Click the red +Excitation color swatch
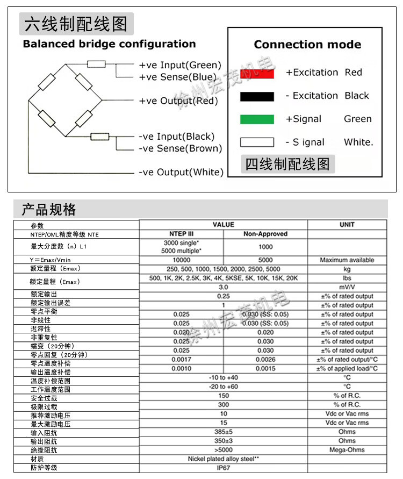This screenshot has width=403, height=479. (257, 73)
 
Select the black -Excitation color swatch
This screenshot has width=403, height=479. (257, 97)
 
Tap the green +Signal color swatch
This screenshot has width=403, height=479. (257, 119)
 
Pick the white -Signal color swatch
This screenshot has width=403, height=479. (257, 142)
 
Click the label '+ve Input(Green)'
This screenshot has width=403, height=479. (180, 65)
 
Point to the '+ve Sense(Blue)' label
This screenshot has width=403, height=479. (177, 77)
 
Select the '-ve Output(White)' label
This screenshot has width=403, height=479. (180, 172)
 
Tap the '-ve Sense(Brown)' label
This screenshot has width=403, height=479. (180, 148)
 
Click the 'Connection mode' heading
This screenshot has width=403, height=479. (307, 45)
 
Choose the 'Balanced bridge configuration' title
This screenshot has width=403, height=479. (109, 44)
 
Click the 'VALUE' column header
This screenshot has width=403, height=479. (224, 225)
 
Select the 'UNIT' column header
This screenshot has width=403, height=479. (347, 225)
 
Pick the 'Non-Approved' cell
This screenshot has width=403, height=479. (265, 234)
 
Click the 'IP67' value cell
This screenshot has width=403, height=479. (224, 468)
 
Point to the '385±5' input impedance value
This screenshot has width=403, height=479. (224, 432)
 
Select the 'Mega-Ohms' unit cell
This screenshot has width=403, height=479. (347, 450)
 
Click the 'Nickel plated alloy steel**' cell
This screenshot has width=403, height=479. (224, 459)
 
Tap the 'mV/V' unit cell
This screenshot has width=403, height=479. (347, 287)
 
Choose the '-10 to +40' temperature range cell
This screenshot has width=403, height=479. (224, 377)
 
